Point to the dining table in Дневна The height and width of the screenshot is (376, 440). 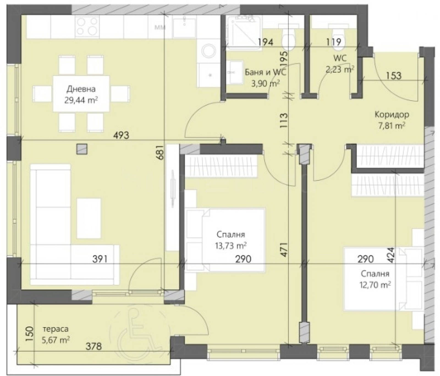click(81, 94)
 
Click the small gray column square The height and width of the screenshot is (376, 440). click(82, 149)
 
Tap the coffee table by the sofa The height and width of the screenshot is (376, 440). click(89, 218)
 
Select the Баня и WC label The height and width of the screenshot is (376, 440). click(265, 72)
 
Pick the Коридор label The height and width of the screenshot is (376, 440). click(392, 114)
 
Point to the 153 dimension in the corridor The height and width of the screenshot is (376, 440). click(394, 76)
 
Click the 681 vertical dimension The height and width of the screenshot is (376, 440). click(161, 153)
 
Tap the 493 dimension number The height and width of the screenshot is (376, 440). click(121, 135)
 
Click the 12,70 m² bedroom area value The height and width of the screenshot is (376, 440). click(375, 285)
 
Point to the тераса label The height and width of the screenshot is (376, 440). click(56, 329)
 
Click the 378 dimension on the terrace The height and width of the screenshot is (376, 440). click(93, 346)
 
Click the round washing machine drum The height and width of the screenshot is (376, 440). click(209, 51)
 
